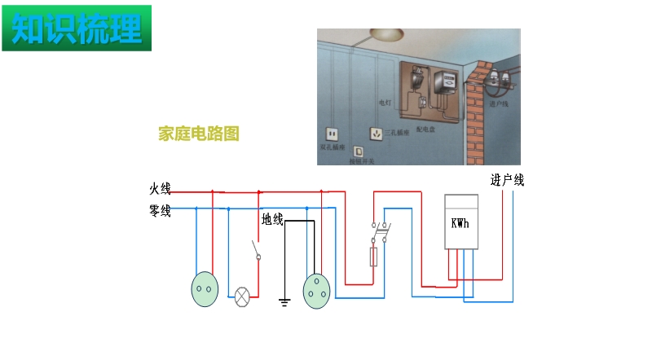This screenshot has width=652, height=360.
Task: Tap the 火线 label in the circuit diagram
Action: tap(160, 189)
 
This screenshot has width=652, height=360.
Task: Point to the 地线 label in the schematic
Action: tap(272, 219)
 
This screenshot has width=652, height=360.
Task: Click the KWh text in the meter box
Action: tap(460, 222)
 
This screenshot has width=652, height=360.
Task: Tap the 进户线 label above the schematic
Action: tap(507, 180)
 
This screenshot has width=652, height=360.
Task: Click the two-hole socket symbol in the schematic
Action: tap(205, 288)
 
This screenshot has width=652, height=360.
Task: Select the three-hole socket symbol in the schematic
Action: tap(315, 290)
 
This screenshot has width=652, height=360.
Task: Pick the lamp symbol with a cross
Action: tap(243, 296)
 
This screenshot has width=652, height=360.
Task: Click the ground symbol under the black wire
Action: tap(284, 302)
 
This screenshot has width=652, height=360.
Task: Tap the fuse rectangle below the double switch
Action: tap(374, 258)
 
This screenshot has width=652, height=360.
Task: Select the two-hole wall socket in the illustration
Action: tap(332, 134)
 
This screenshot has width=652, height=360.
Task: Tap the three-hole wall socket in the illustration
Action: tap(377, 132)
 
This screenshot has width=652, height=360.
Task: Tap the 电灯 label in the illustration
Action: tap(386, 103)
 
